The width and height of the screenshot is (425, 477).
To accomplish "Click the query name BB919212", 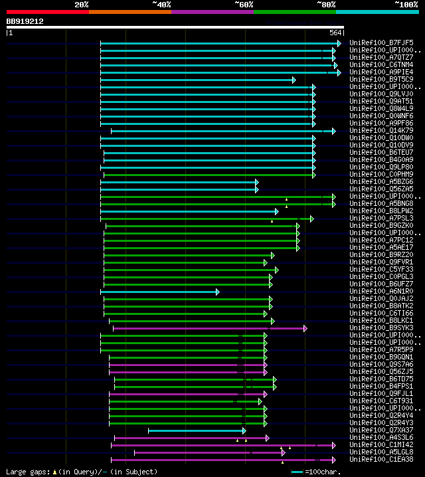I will pyautogui.click(x=25, y=21).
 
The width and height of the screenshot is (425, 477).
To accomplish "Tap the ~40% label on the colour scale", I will pyautogui.click(x=161, y=4).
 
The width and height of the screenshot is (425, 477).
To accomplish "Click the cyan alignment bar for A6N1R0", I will pyautogui.click(x=159, y=292).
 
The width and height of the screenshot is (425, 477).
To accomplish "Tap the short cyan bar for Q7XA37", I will pyautogui.click(x=197, y=430).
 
